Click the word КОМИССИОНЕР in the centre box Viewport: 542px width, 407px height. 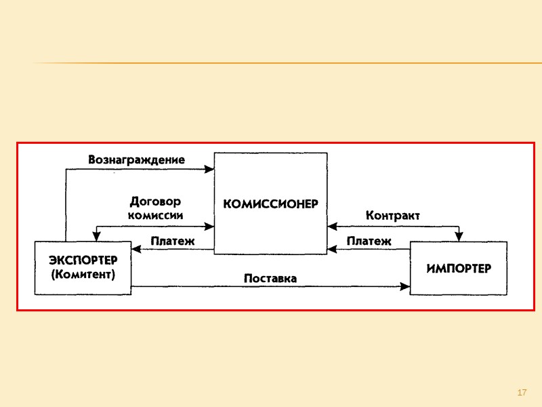(x=270, y=203)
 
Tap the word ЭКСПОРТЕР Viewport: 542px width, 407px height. (x=83, y=260)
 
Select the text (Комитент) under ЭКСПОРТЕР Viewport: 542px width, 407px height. (x=83, y=275)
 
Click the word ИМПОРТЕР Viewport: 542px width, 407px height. (x=459, y=268)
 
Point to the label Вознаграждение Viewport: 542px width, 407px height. (x=136, y=160)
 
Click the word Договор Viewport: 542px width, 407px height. (x=155, y=201)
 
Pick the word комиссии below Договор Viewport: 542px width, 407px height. (x=155, y=214)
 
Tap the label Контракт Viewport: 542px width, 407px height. (x=392, y=215)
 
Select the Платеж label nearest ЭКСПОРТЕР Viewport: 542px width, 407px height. (x=172, y=241)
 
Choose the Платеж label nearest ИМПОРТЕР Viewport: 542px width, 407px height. (x=369, y=241)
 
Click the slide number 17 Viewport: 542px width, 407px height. (x=522, y=393)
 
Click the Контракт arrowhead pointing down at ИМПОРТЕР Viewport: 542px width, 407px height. (x=459, y=237)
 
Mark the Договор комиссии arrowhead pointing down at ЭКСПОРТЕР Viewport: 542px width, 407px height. (x=98, y=237)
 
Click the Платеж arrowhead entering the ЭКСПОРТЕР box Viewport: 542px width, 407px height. (x=136, y=250)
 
